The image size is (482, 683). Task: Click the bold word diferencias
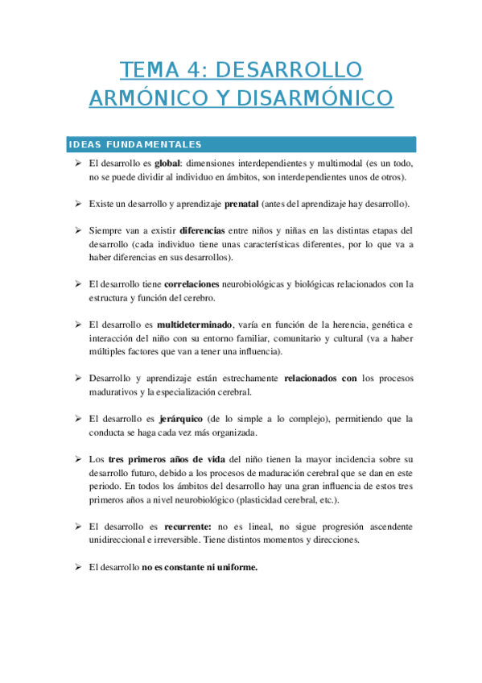click(202, 230)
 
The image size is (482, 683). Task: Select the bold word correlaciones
click(197, 284)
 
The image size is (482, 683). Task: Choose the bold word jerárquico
click(182, 418)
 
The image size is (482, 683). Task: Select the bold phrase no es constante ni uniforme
click(200, 567)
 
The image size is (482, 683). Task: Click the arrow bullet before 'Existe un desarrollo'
click(79, 203)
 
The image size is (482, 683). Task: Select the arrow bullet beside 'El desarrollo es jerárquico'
click(79, 418)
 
